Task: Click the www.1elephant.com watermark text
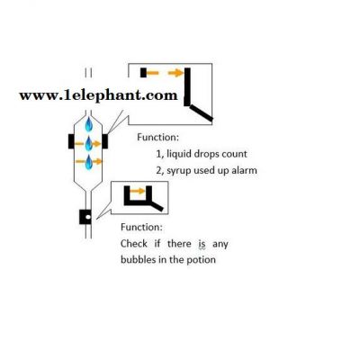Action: click(x=98, y=96)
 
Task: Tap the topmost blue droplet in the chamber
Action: click(x=88, y=124)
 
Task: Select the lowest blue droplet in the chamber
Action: click(x=89, y=162)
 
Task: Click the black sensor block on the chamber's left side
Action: click(x=71, y=141)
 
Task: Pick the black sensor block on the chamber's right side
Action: click(x=104, y=141)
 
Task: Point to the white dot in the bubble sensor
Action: click(x=87, y=217)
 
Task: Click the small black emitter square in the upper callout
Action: click(x=143, y=73)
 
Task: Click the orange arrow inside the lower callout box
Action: click(x=138, y=191)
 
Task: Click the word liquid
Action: click(x=178, y=154)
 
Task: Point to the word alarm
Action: click(x=244, y=170)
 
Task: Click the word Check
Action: click(x=134, y=244)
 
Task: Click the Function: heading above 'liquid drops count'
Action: click(x=158, y=138)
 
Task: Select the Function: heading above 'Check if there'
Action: click(x=141, y=227)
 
